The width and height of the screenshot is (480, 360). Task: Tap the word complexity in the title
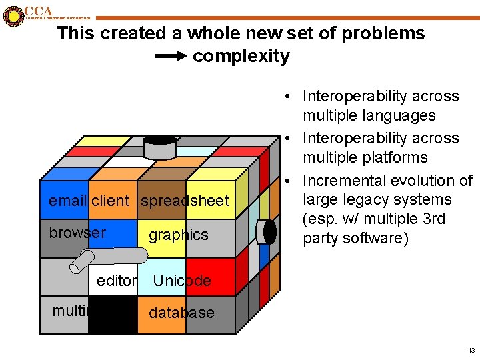[x=241, y=56]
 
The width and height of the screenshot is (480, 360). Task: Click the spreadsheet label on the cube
[x=185, y=201]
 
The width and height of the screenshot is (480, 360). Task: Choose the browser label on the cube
[x=77, y=233]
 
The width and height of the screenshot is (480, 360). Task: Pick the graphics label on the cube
[x=178, y=235]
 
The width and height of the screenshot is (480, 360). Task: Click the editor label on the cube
[x=117, y=281]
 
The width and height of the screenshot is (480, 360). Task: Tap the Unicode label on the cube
[x=182, y=281]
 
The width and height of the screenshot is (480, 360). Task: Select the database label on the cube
[x=181, y=313]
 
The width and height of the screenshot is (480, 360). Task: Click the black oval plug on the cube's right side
[x=269, y=232]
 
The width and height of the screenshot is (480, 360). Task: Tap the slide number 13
[x=471, y=350]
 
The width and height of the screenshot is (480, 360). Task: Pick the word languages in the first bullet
[x=401, y=115]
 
